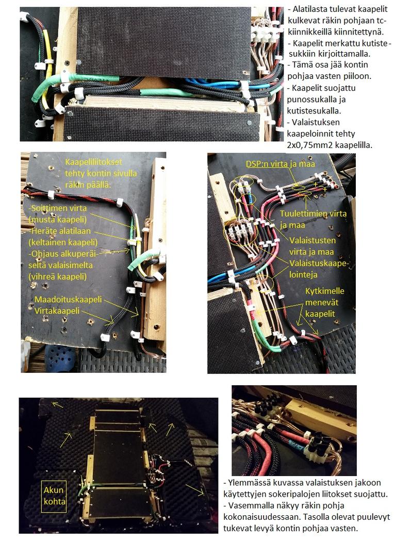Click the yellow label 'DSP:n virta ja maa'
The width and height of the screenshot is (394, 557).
pos(281,164)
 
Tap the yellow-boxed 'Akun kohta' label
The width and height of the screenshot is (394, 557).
pos(54,496)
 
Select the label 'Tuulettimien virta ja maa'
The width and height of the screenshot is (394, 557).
pos(313,219)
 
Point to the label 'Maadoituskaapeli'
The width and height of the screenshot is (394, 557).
pos(68,299)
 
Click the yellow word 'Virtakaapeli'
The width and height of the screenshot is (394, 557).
pos(57,310)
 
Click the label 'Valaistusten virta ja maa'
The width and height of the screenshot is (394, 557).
pos(313,246)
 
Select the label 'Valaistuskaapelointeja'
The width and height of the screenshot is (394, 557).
pos(319,269)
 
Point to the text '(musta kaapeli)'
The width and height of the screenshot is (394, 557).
pos(58,220)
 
